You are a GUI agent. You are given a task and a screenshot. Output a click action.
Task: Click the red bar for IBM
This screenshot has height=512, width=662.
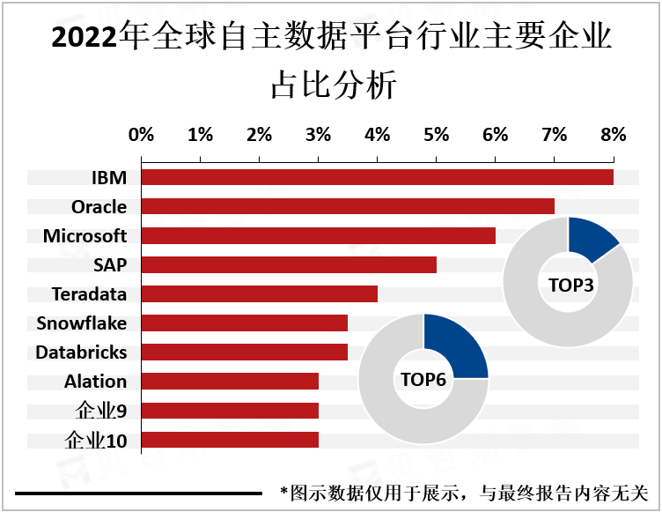pos(377,177)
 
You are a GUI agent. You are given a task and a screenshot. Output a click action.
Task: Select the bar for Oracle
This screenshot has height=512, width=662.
pos(348,206)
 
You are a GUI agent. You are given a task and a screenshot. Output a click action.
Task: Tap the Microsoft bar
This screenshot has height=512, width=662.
pos(318,235)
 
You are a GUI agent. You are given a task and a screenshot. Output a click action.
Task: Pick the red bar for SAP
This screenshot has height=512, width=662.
pos(289,264)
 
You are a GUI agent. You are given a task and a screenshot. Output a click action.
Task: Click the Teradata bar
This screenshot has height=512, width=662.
pos(259,293)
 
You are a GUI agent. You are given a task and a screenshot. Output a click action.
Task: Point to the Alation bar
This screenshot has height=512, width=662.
pos(230,382)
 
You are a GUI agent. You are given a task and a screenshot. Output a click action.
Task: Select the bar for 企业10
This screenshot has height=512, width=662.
pos(230,440)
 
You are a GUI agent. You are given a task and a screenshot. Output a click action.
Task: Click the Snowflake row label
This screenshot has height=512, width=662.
pos(81,323)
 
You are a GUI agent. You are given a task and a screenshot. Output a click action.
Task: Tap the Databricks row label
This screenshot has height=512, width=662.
pos(81,352)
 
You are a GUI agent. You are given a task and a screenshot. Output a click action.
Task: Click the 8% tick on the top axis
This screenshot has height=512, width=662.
pos(613,135)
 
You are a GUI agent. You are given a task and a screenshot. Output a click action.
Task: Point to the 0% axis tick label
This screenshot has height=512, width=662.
pos(141,135)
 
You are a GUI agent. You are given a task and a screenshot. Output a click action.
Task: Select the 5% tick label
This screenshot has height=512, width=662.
pos(436,135)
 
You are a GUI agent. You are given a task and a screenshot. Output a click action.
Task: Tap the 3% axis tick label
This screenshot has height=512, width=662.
pos(318,135)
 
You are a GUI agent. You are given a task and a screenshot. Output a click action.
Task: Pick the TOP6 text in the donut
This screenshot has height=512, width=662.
pos(423,380)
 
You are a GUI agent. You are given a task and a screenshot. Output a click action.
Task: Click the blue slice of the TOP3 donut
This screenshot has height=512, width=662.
pos(592,239)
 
